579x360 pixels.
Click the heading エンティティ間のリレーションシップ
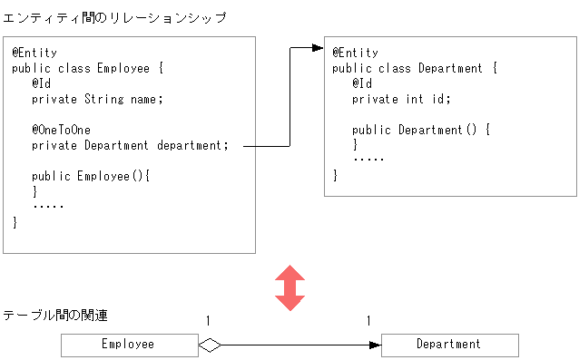pos(114,18)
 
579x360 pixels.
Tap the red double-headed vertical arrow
pos(289,288)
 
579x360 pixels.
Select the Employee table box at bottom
pos(129,345)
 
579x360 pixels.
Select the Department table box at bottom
pos(449,345)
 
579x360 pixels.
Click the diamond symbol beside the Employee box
pos(210,345)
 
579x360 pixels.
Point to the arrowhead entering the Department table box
pos(375,345)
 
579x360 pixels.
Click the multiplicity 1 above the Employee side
pos(208,321)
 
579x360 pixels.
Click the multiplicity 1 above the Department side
pos(368,321)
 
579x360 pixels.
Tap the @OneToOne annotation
pos(61,130)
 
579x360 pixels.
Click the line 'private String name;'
pos(97,99)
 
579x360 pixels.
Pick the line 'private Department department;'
pos(131,145)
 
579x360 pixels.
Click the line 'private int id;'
pos(401,99)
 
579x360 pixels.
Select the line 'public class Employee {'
pos(87,68)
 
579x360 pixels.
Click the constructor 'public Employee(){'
pos(90,176)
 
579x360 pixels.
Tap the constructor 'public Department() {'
pos(421,130)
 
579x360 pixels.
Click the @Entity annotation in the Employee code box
pos(34,53)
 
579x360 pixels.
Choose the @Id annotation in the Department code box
pos(362,83)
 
